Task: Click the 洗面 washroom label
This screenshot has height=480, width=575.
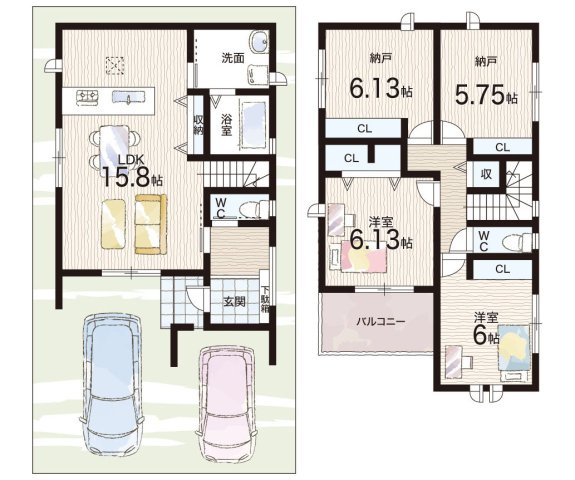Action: point(232,58)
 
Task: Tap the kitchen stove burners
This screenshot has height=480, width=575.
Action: point(88,97)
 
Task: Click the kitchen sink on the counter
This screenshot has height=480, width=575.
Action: point(127,97)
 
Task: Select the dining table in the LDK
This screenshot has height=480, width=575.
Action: point(114,146)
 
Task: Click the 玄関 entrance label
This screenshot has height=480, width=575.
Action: point(235,301)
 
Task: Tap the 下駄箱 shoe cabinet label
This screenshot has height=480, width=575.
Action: point(264,298)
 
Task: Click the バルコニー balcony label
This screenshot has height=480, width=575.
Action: point(381,322)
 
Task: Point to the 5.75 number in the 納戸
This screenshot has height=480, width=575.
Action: point(479,95)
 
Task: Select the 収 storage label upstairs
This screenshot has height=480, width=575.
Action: point(486,174)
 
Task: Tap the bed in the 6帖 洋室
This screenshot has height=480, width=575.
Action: point(513,348)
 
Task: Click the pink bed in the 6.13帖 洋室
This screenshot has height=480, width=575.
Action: point(364,257)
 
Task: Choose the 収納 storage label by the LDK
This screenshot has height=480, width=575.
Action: point(199,126)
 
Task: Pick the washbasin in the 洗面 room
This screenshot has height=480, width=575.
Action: point(259,41)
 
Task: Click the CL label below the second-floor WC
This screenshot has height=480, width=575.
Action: point(502,269)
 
